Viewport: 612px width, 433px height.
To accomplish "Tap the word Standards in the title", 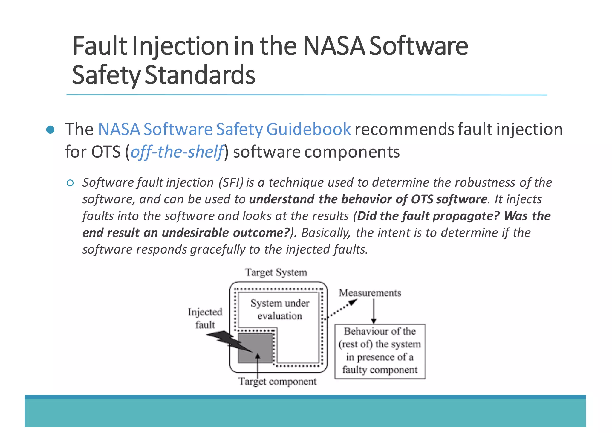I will [200, 75].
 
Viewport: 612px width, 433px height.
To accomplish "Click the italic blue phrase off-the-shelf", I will [177, 152].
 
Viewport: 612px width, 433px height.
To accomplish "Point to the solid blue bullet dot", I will [51, 130].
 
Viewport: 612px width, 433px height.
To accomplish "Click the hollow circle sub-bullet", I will [70, 183].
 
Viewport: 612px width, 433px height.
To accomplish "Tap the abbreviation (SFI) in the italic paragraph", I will [231, 182].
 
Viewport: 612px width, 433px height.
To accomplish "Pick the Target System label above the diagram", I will [276, 272].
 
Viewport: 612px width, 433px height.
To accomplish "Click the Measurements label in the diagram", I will [370, 292].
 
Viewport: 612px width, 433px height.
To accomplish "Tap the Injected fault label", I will [205, 318].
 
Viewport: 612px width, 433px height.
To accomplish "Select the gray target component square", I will [255, 348].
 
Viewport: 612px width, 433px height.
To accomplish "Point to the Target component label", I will [277, 382].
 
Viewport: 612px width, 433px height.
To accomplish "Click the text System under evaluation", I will [280, 309].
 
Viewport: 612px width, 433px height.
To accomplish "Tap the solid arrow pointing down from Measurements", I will [374, 311].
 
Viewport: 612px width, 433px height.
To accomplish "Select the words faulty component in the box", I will [380, 370].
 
